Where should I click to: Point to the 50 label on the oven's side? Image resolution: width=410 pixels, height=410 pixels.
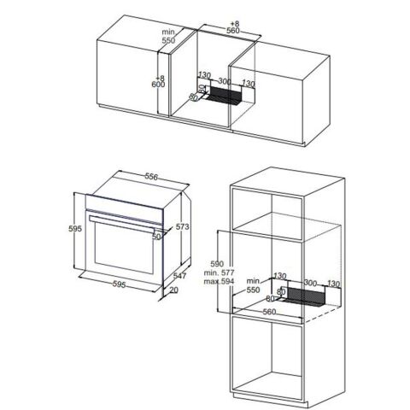157,237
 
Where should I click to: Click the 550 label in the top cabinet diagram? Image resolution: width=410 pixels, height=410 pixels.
169,39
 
